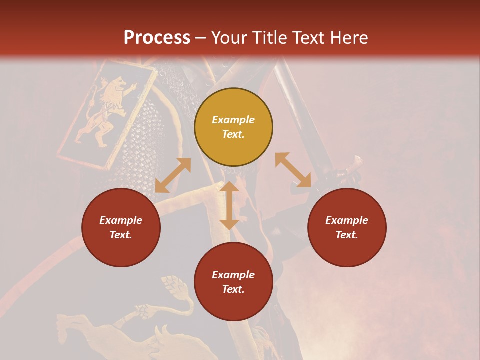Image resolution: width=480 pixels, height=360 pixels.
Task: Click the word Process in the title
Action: click(157, 38)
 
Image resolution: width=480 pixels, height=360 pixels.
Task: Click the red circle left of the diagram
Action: click(121, 227)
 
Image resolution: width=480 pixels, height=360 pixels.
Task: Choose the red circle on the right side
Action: click(347, 227)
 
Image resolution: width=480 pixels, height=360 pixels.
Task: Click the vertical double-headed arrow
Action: click(229, 205)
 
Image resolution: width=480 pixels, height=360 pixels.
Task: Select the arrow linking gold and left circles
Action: click(173, 175)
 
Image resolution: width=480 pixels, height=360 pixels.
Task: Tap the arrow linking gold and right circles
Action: click(293, 170)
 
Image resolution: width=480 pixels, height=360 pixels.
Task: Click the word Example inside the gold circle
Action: click(233, 120)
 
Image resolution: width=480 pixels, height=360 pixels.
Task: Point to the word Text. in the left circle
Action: click(121, 235)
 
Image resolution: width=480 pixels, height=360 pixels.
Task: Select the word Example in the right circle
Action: click(347, 220)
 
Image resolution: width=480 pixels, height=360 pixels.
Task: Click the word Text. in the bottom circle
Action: click(233, 289)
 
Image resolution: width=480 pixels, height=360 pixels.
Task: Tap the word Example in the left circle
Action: click(121, 220)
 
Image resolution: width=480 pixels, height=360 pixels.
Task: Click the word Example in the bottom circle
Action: click(233, 275)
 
